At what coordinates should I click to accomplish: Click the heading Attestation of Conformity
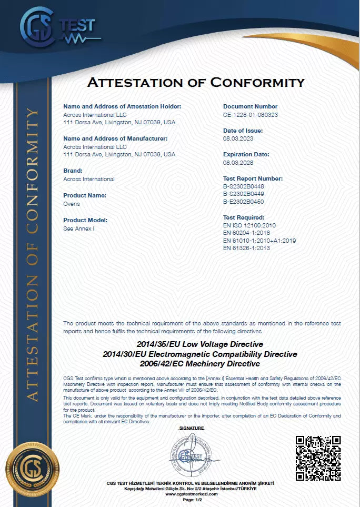point(196,83)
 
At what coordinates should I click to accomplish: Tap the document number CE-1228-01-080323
point(251,114)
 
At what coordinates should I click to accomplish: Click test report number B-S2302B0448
point(243,186)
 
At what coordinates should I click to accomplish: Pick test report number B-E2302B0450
point(243,201)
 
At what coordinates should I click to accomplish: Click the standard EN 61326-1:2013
point(246,248)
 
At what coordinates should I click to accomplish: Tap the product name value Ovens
point(71,203)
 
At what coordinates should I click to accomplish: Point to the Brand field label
point(72,171)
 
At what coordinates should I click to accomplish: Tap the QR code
point(317,458)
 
